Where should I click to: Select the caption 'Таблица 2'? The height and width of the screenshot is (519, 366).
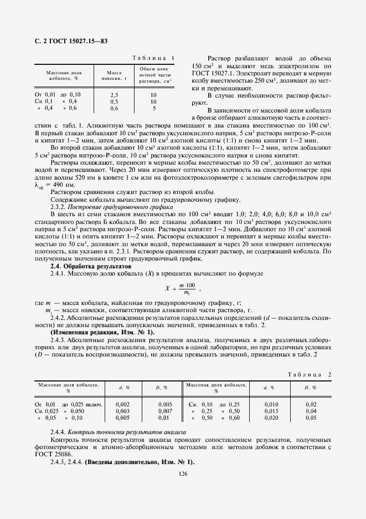tap(310, 375)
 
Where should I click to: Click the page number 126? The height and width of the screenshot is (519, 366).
tap(183, 473)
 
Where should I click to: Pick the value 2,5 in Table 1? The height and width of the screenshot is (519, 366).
tap(114, 95)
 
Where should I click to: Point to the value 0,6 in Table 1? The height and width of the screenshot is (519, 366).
tap(114, 109)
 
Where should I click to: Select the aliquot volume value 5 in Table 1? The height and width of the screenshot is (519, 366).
tap(153, 109)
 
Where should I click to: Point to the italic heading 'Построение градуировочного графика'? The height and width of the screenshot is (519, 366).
tap(128, 206)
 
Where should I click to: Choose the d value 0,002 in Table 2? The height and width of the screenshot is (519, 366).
tap(122, 404)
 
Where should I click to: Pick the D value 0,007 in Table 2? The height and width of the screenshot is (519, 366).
tap(164, 411)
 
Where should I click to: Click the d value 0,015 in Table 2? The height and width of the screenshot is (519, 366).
tap(271, 411)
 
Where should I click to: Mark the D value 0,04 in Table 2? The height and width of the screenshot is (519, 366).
tap(311, 411)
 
